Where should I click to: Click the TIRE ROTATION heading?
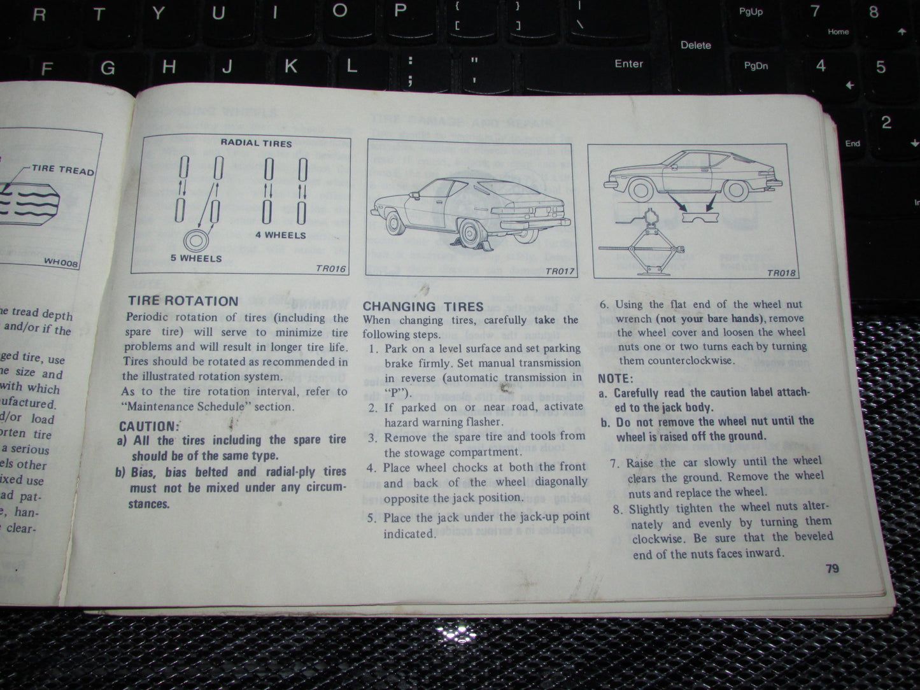pyautogui.click(x=183, y=300)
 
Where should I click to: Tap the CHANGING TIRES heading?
pyautogui.click(x=423, y=306)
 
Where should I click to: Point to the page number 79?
pyautogui.click(x=832, y=568)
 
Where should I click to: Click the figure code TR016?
pyautogui.click(x=330, y=269)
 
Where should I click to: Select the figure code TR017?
pyautogui.click(x=559, y=272)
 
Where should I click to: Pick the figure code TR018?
pyautogui.click(x=781, y=273)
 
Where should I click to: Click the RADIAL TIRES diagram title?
pyautogui.click(x=256, y=143)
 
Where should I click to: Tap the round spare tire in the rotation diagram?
pyautogui.click(x=196, y=242)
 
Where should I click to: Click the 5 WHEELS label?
pyautogui.click(x=196, y=258)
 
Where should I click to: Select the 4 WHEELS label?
pyautogui.click(x=280, y=235)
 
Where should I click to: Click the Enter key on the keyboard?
pyautogui.click(x=628, y=64)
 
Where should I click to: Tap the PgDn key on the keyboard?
pyautogui.click(x=756, y=66)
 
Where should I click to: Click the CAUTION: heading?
pyautogui.click(x=149, y=426)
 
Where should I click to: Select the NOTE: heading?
pyautogui.click(x=615, y=378)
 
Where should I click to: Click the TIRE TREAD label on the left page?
pyautogui.click(x=62, y=169)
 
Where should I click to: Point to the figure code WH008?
pyautogui.click(x=61, y=261)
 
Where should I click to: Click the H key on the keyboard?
pyautogui.click(x=169, y=67)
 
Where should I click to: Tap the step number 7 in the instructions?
pyautogui.click(x=614, y=463)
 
